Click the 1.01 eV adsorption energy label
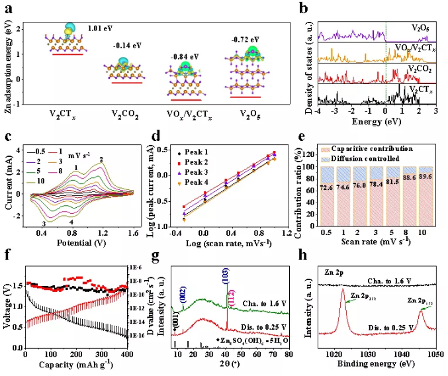point(100,29)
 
